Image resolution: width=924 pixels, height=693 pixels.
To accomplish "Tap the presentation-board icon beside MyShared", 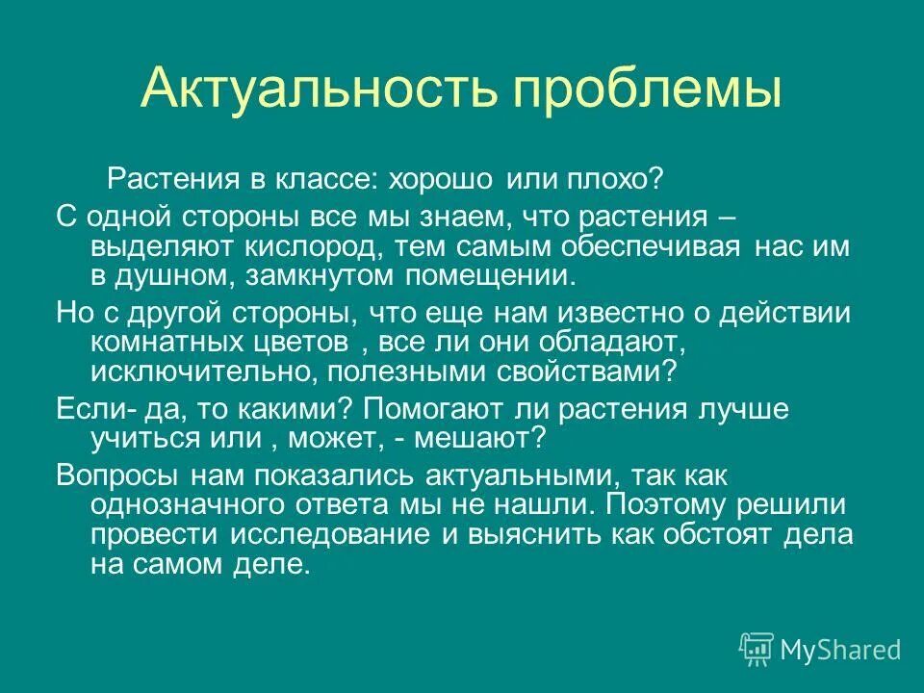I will [757, 650].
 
